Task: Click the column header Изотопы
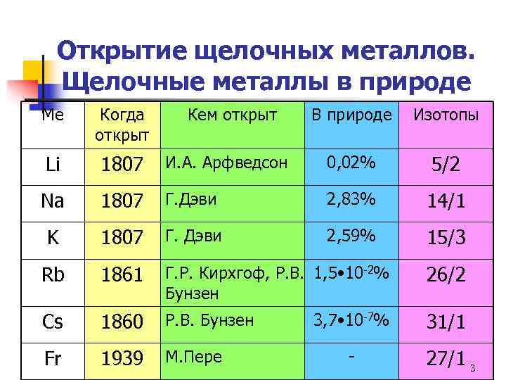point(446,114)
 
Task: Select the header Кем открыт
point(233,114)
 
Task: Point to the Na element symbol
point(53,201)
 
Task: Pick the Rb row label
point(53,274)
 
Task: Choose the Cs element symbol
point(53,322)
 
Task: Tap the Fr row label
point(53,359)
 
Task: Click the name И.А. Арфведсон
point(226,163)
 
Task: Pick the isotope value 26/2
point(446,274)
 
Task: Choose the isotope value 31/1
point(446,322)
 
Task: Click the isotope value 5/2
point(446,166)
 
